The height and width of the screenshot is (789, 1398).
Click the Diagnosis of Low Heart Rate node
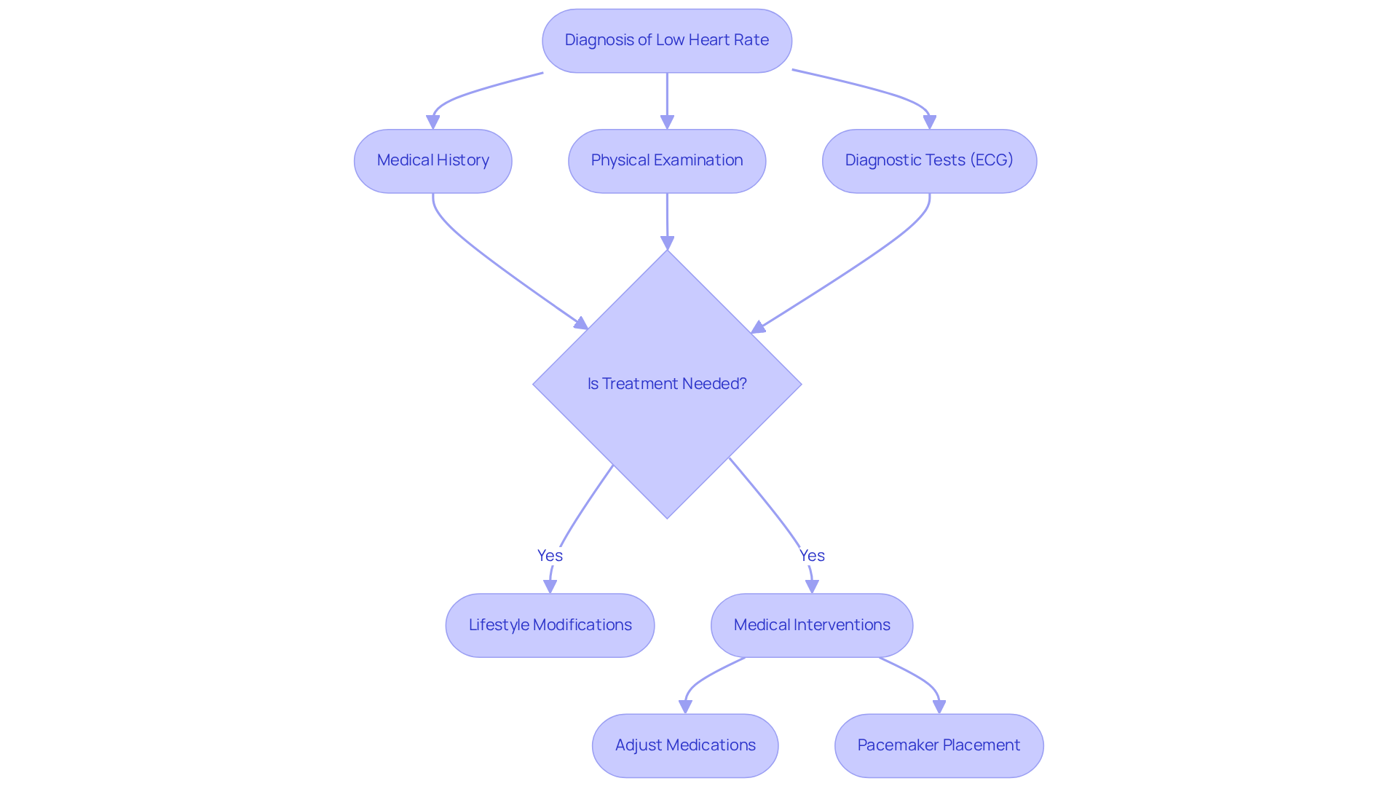pos(666,41)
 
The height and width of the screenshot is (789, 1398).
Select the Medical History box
pos(433,161)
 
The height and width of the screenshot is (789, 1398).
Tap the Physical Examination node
pos(666,161)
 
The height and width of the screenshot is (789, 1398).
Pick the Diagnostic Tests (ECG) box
pos(929,161)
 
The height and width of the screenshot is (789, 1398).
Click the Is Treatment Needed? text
pos(667,384)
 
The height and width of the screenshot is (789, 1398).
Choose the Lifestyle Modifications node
pos(550,625)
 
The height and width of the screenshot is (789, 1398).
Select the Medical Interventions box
pos(811,625)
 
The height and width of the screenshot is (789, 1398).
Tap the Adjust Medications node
pos(684,745)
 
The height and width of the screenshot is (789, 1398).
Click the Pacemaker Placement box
pos(939,745)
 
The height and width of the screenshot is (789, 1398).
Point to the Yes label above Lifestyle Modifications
pos(550,555)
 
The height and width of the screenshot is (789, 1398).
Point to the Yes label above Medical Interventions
pos(812,555)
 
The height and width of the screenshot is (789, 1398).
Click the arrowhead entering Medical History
pos(433,122)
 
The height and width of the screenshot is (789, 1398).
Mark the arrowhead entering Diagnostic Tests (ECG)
pos(930,122)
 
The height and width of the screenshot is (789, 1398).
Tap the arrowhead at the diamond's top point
pos(667,243)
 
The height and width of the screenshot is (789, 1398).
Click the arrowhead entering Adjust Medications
pos(685,707)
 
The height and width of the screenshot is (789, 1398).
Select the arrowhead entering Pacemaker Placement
pos(939,707)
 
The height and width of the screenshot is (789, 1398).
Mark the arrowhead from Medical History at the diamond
pos(581,323)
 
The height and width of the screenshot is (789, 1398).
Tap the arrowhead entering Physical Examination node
pos(667,122)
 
